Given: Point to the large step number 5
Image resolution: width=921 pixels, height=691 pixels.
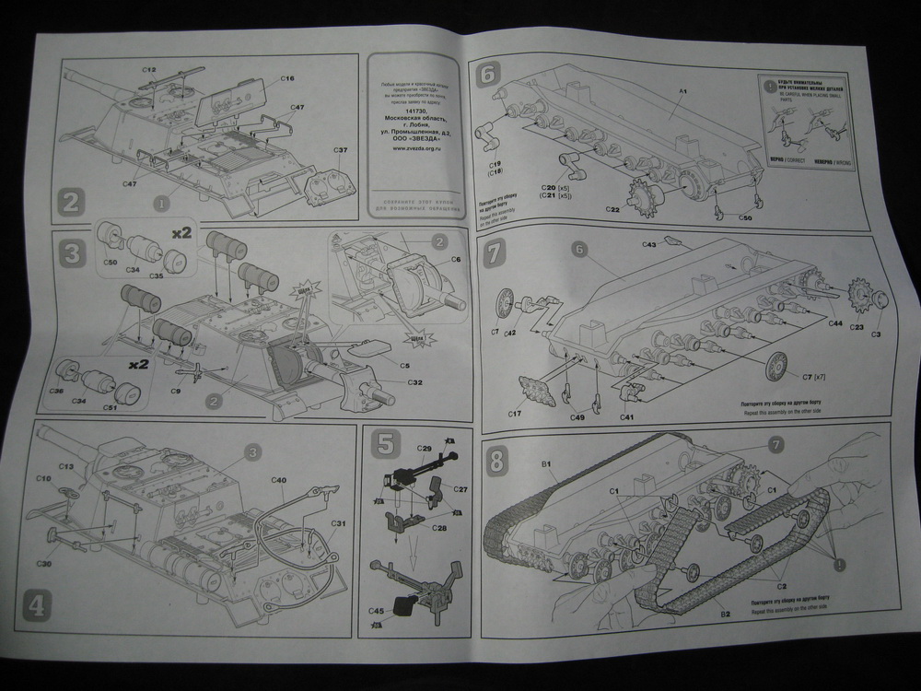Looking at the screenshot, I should click(385, 448).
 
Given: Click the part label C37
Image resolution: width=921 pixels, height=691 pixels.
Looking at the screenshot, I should click(338, 150).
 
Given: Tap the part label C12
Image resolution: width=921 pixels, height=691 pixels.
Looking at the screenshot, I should click(149, 70).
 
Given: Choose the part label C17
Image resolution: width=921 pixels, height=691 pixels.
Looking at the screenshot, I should click(515, 416).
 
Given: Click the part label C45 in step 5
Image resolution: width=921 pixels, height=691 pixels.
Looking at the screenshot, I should click(376, 611).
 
